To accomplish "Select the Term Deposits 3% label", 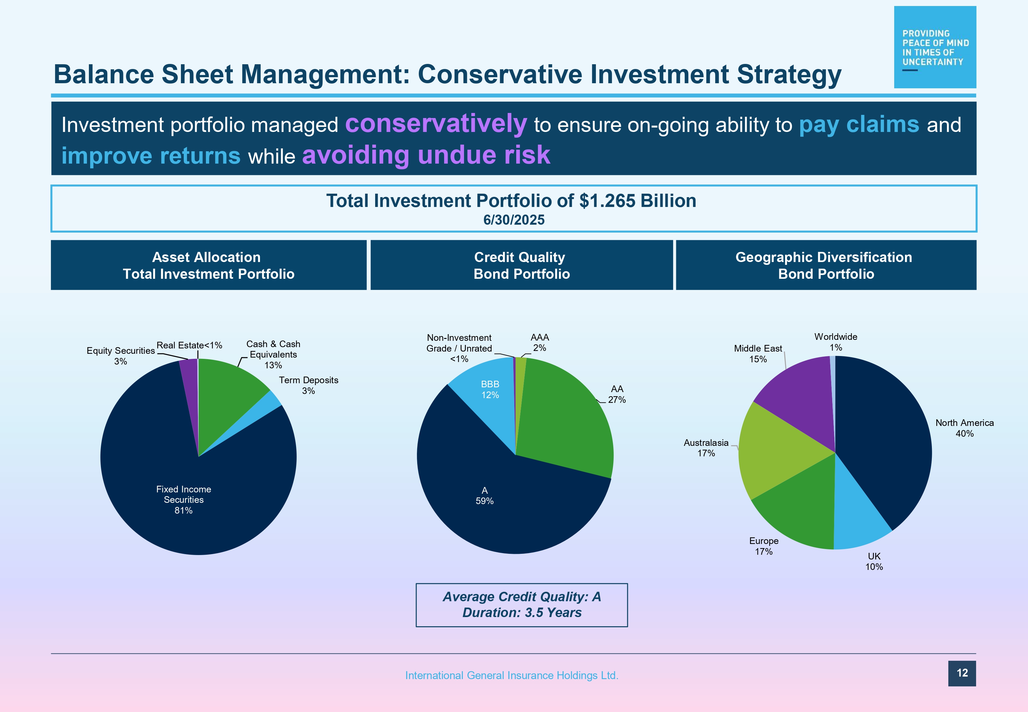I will [x=308, y=385].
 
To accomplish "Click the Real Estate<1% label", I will [x=189, y=345].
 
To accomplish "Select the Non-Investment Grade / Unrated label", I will [x=459, y=348].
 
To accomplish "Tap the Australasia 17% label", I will [x=706, y=448].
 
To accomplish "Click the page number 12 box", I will [x=962, y=673].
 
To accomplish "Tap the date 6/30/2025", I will [x=514, y=220].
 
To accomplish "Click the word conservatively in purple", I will [x=436, y=124].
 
